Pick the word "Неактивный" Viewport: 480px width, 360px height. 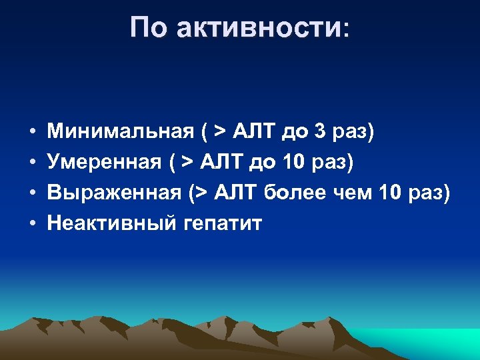[111, 223]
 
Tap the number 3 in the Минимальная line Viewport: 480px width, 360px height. [321, 131]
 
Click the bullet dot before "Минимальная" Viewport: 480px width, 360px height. [32, 132]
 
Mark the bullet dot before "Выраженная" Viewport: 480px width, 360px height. [32, 193]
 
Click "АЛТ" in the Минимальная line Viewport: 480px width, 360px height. [254, 131]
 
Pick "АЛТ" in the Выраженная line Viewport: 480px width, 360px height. [234, 193]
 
